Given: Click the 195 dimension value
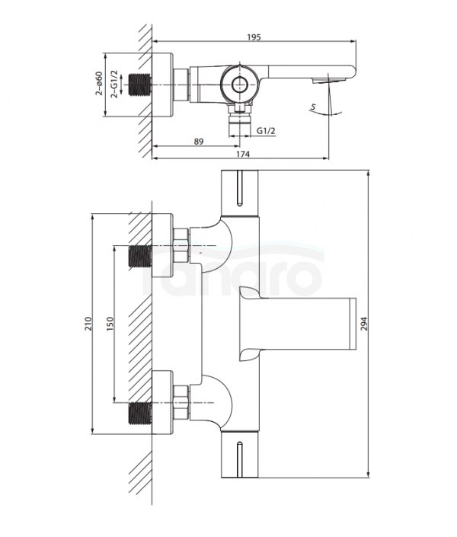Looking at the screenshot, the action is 254,37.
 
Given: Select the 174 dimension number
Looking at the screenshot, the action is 243,154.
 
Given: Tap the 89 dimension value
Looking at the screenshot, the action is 199,142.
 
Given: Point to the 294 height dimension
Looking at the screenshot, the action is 364,324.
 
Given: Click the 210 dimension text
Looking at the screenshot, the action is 88,324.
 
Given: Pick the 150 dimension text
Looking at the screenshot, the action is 110,324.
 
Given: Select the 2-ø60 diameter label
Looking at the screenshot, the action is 99,83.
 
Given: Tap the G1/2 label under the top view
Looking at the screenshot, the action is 266,130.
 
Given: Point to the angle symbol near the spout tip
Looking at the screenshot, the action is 313,107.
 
